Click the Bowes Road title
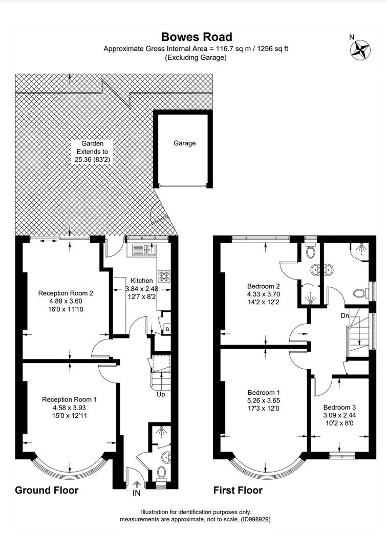point(197,37)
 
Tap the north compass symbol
point(360,49)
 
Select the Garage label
point(184,143)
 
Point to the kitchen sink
point(144,250)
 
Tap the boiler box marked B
point(167,329)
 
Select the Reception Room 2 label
point(66,293)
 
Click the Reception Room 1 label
point(70,399)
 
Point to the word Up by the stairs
point(161,394)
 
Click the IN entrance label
point(136,493)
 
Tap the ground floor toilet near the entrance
point(161,473)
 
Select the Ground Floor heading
point(47,490)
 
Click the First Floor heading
point(238,490)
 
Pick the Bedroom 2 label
point(264,286)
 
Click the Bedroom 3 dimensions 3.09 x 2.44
point(339,415)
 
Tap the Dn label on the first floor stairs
point(345,315)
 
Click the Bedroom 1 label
point(264,393)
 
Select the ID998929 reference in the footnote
point(256,520)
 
